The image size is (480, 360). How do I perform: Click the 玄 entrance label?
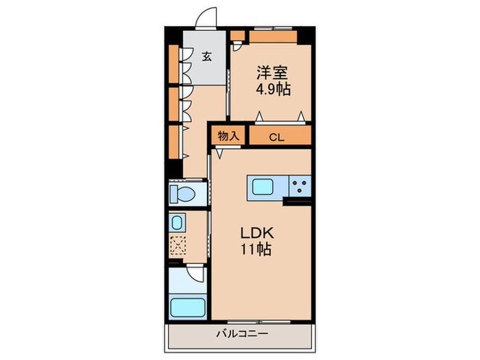[206, 57]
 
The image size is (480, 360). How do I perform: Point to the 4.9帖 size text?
[272, 90]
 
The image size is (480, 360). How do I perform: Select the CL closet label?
[276, 137]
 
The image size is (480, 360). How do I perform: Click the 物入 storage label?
[228, 136]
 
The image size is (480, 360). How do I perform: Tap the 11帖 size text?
[255, 250]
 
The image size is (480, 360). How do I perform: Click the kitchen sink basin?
[263, 187]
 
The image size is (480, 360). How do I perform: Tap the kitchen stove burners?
[299, 185]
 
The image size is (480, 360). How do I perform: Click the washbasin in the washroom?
[176, 223]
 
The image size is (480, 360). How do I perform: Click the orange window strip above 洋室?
[273, 36]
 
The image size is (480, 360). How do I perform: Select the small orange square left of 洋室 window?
[237, 36]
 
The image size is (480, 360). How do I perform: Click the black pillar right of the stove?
[298, 201]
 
